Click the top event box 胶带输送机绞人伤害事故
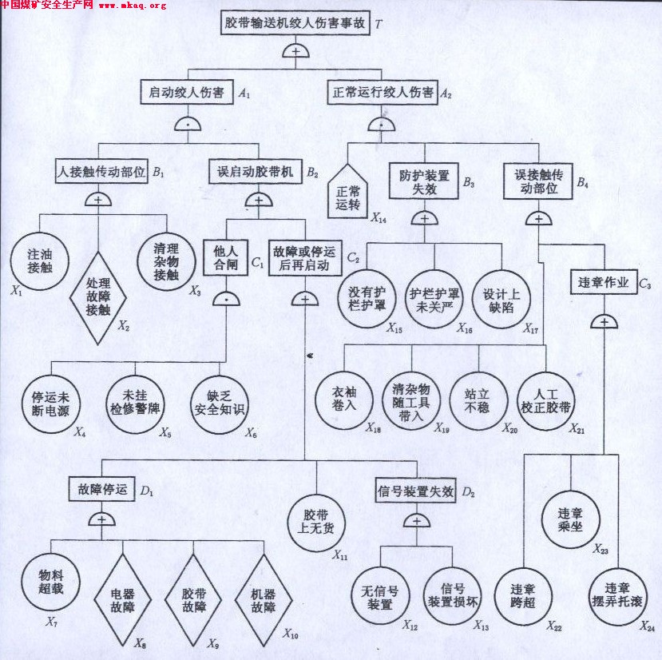295,23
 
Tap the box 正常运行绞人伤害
381,93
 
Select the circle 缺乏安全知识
220,404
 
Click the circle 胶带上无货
315,522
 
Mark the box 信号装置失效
414,491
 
